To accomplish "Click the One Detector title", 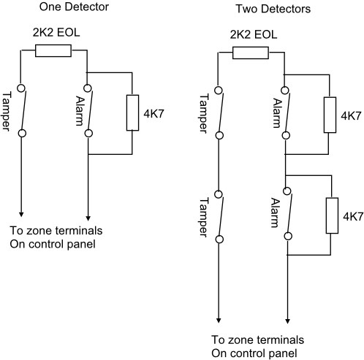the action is (x=74, y=7).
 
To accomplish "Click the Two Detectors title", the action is (x=273, y=9).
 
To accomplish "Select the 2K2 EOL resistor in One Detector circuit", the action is (x=53, y=50).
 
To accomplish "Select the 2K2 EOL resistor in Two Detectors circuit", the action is (x=251, y=53).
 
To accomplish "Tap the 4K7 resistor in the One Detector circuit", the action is (x=132, y=112).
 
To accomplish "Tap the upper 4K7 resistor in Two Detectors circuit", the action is (x=330, y=115).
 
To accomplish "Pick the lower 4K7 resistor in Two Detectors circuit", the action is (x=332, y=215).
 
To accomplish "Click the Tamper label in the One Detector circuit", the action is (x=7, y=111).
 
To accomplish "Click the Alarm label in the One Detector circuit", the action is (x=80, y=111).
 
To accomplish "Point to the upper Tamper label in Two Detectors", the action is (x=204, y=113).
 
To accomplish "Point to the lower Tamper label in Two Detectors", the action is (x=204, y=217).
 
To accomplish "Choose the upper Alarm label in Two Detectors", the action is (x=277, y=113).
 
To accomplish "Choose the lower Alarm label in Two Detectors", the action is (x=276, y=213).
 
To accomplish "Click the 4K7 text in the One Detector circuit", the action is (x=154, y=114).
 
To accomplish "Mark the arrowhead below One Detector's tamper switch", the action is (x=21, y=214).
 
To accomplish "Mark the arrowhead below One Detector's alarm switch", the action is (x=88, y=218).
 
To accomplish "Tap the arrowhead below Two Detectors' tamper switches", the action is (x=219, y=320).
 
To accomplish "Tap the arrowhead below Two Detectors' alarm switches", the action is (x=287, y=321).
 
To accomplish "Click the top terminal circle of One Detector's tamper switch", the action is (x=21, y=88).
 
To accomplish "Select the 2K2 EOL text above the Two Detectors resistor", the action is (x=254, y=35).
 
